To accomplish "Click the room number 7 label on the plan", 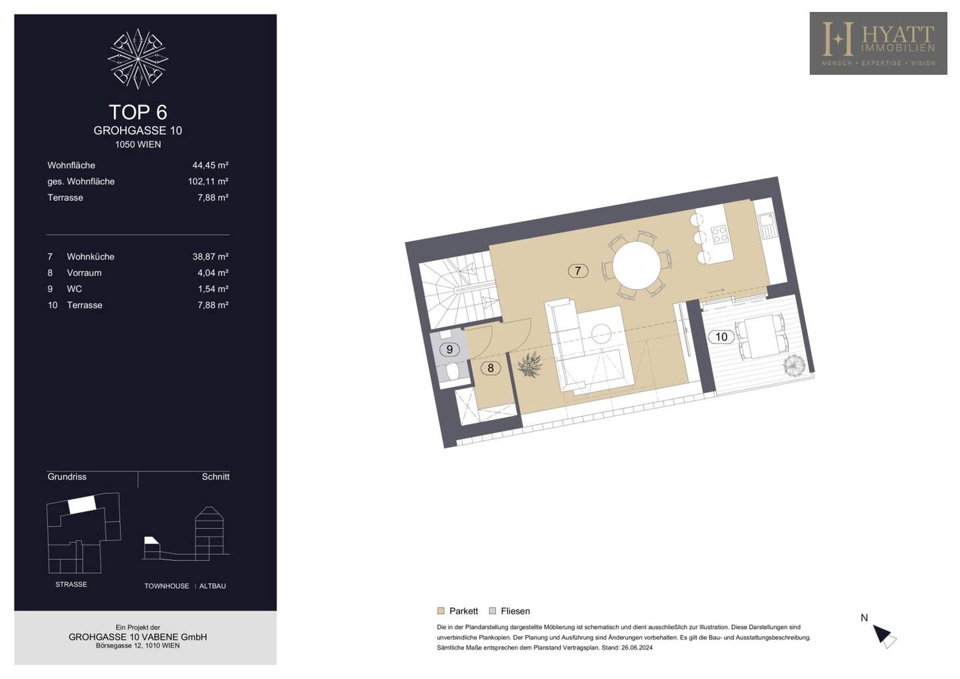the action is pyautogui.click(x=578, y=271).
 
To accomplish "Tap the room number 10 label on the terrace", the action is pyautogui.click(x=721, y=337).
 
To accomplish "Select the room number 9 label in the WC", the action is pyautogui.click(x=449, y=350).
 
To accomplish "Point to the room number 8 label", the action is pyautogui.click(x=490, y=368).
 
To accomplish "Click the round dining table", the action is pyautogui.click(x=637, y=265).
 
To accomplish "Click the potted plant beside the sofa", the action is pyautogui.click(x=530, y=365).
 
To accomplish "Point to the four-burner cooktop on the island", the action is pyautogui.click(x=719, y=235).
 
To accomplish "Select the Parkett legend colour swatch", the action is pyautogui.click(x=441, y=611).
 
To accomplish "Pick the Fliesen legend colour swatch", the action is pyautogui.click(x=493, y=611).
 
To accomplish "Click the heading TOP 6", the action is pyautogui.click(x=138, y=112).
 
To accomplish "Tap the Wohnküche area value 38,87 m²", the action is pyautogui.click(x=210, y=257).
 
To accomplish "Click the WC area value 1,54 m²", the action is pyautogui.click(x=213, y=289).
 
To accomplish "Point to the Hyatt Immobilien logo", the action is pyautogui.click(x=878, y=43).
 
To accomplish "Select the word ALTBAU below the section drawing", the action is pyautogui.click(x=213, y=586).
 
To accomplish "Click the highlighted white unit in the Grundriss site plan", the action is pyautogui.click(x=82, y=504).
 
